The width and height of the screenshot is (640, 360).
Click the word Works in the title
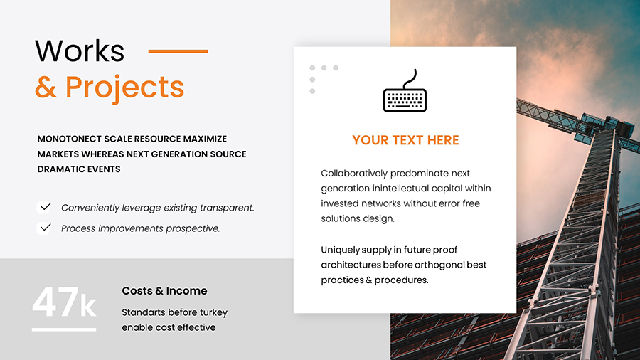[80, 51]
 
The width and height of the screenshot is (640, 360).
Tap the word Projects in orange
[124, 87]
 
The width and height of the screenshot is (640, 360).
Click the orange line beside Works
[178, 51]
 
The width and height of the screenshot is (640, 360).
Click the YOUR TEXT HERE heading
[405, 140]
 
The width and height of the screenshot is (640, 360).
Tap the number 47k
[64, 304]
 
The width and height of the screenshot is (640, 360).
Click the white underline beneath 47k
[64, 329]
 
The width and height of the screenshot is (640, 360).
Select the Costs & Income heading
[164, 291]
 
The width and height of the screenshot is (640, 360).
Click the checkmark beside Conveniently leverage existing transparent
[46, 207]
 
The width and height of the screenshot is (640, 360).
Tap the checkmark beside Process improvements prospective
[46, 228]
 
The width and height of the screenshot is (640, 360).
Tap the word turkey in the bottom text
[213, 312]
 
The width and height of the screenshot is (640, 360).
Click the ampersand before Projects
[46, 88]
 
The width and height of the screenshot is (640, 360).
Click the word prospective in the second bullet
[193, 228]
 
